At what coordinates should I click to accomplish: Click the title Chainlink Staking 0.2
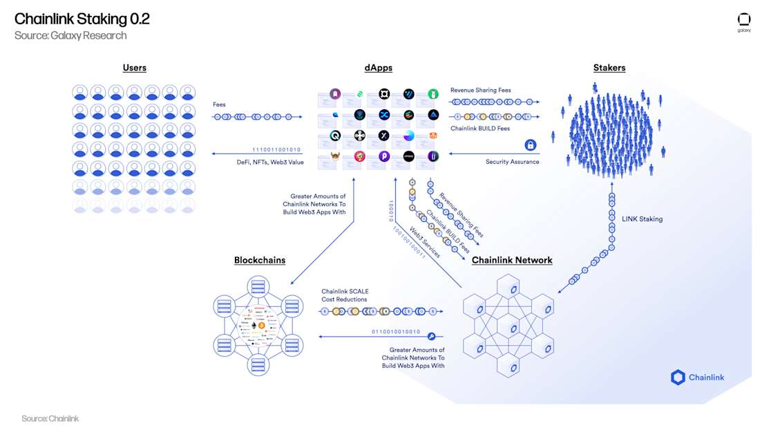(x=82, y=19)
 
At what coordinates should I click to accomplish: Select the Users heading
(x=135, y=68)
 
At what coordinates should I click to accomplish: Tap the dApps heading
(x=379, y=68)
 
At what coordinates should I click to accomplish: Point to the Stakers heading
(x=609, y=68)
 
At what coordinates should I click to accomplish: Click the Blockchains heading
(x=260, y=260)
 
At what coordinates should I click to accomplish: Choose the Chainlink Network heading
(x=512, y=260)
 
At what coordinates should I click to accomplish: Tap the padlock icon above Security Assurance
(x=531, y=145)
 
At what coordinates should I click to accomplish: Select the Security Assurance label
(x=512, y=162)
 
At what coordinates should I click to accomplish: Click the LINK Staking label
(x=642, y=219)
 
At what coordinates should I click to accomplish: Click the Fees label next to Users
(x=219, y=105)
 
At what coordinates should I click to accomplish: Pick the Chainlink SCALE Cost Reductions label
(x=345, y=295)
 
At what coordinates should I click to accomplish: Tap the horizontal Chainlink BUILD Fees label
(x=481, y=128)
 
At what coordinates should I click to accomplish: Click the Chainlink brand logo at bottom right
(x=697, y=378)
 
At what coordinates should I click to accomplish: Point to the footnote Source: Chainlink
(x=50, y=418)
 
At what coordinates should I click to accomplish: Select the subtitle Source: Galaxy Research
(x=70, y=35)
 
